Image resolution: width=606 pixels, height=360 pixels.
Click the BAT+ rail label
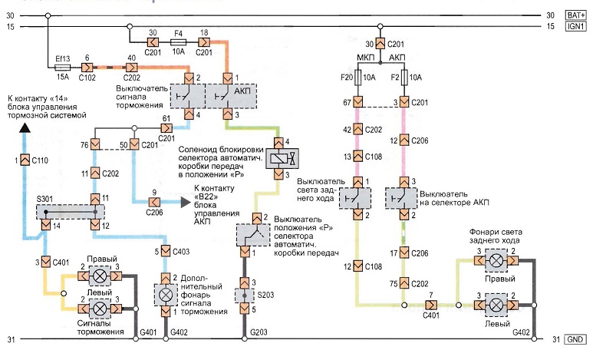pos(577,15)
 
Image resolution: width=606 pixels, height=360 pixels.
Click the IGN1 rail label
pos(577,27)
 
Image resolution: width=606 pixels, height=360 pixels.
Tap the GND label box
pos(576,339)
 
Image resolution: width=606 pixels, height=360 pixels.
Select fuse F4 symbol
pos(178,43)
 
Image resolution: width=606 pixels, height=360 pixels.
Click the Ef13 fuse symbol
pos(63,66)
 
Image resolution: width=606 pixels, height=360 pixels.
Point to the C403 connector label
pos(181,251)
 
